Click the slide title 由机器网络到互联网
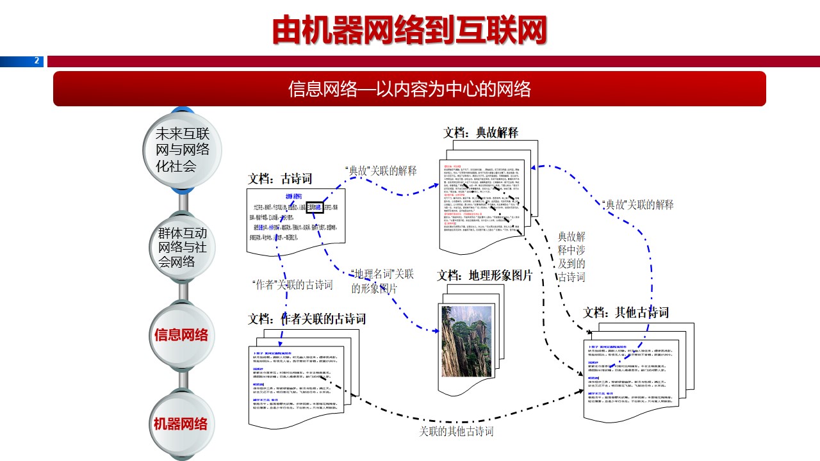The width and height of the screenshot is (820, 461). click(409, 29)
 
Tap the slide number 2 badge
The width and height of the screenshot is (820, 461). click(37, 61)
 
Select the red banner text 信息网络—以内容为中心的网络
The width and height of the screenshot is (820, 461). click(409, 88)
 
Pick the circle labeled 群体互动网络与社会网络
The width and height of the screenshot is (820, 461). click(183, 247)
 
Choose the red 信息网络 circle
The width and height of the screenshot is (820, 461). click(181, 335)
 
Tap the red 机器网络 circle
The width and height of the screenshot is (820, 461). click(181, 424)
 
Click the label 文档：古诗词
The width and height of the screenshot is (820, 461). click(280, 179)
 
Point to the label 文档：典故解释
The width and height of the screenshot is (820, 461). click(480, 133)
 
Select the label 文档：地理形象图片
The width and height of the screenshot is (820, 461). click(485, 275)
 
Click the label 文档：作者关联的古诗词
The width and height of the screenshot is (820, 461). click(307, 319)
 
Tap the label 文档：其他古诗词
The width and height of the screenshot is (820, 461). click(626, 312)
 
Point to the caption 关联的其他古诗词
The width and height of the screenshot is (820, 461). click(456, 432)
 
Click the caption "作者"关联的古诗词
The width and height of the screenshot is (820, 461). click(293, 285)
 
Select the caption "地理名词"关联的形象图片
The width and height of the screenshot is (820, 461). click(382, 281)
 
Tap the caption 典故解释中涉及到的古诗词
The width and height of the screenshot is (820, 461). click(571, 257)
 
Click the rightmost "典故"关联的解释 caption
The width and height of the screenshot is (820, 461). click(638, 205)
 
